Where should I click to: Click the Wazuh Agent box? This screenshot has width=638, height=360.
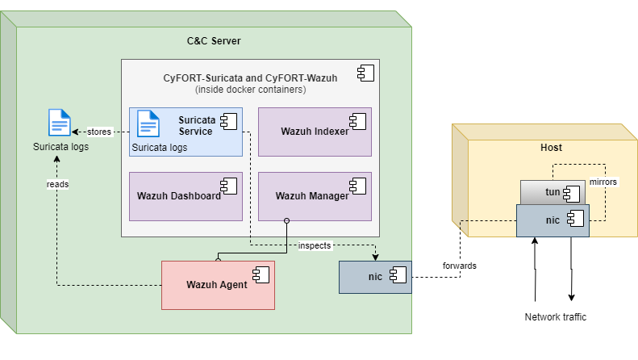[218, 284]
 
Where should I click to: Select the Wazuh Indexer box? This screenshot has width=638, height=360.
[315, 132]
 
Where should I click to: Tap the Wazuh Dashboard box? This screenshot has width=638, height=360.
[186, 195]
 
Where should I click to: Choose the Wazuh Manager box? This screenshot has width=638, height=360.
[315, 195]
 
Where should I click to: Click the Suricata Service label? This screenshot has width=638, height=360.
[195, 125]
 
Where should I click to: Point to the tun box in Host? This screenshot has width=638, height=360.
[553, 192]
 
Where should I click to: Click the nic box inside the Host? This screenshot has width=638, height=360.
[553, 220]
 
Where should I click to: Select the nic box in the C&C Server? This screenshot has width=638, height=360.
[375, 277]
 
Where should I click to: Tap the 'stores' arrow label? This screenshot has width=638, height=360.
[99, 131]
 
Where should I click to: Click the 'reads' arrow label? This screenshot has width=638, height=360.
[57, 184]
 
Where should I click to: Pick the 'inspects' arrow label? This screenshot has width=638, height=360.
[314, 245]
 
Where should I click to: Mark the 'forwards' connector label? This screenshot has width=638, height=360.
[459, 266]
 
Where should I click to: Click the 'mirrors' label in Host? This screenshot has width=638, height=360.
[603, 182]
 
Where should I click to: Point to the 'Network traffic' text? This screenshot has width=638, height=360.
[555, 317]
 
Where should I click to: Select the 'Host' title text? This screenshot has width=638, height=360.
[551, 148]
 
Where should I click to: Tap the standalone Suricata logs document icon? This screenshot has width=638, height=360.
[60, 123]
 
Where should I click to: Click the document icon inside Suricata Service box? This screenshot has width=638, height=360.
[148, 123]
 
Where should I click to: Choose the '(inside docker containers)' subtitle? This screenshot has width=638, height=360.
[250, 90]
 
